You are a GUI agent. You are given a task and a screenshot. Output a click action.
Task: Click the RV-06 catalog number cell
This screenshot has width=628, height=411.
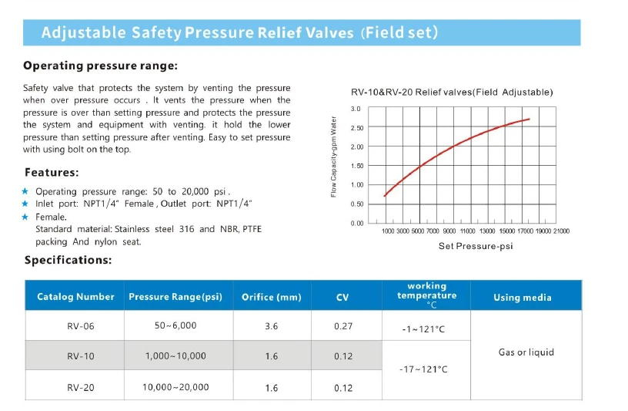tap(81, 326)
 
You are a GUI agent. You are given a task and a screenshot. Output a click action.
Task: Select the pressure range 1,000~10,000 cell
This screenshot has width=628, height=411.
tap(175, 355)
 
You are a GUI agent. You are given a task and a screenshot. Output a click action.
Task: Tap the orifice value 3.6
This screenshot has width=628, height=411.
tap(271, 326)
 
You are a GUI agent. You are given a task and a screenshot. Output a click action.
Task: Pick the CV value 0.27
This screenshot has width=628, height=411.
tap(343, 326)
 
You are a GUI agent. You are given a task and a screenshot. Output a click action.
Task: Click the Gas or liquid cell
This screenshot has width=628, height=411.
tap(526, 352)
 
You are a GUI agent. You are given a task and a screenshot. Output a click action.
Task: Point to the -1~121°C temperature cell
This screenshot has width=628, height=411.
tap(423, 329)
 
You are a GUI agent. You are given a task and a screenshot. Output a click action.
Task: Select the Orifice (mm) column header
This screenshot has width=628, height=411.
tap(271, 297)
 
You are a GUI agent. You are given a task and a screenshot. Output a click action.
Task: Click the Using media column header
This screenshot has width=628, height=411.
tap(523, 297)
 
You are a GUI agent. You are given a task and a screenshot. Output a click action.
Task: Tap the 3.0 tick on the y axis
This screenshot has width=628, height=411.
tap(356, 109)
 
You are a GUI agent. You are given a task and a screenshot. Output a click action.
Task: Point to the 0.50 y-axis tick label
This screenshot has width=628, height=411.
tap(357, 204)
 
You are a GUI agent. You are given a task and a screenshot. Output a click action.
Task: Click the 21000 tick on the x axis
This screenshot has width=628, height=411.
tap(561, 231)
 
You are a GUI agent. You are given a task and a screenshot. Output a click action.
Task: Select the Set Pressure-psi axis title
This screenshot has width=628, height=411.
tap(475, 246)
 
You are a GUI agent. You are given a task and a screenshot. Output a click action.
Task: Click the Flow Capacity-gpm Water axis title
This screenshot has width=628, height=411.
tap(334, 156)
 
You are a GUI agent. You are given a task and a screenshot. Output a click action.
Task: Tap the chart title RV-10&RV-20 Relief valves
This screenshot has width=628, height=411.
tap(451, 92)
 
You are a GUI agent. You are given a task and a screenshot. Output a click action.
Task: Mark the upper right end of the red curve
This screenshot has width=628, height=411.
tap(529, 119)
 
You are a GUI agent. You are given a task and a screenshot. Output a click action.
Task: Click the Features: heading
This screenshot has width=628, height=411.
tap(52, 172)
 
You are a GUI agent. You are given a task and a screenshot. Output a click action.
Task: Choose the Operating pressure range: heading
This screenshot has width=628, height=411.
tap(101, 66)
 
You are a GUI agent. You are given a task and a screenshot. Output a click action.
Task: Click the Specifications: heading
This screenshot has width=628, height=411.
tap(68, 260)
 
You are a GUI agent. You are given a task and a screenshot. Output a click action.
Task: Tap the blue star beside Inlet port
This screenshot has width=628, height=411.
tap(25, 204)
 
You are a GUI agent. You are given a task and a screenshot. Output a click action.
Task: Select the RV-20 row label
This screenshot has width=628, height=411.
tap(81, 387)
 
